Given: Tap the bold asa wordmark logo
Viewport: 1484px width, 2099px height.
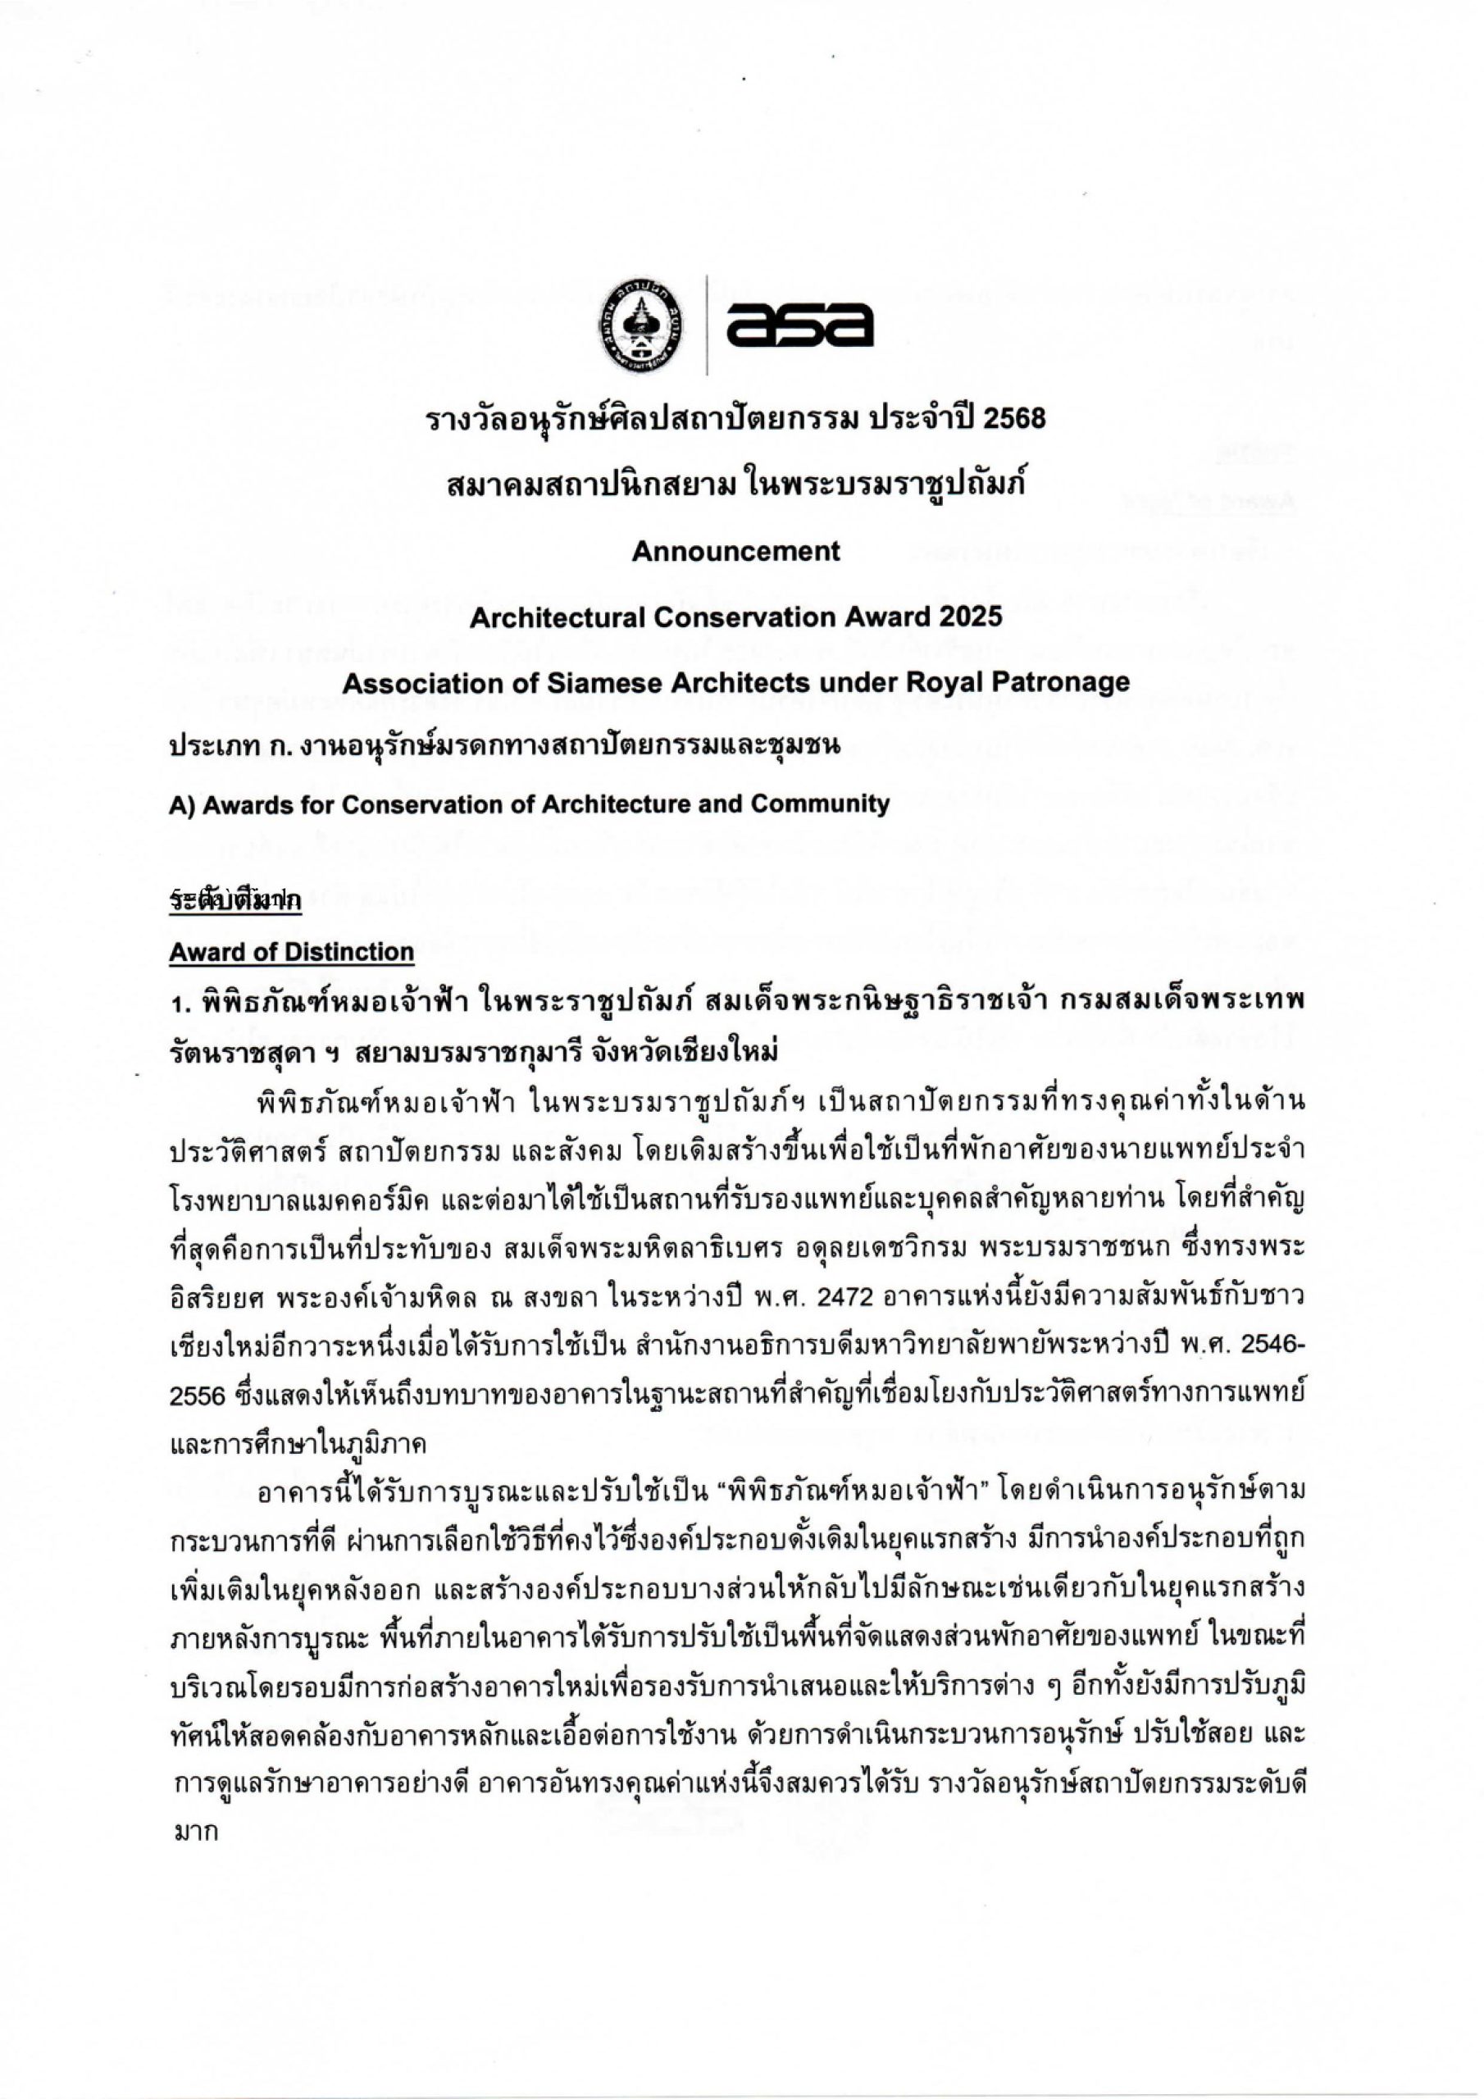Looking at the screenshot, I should tap(799, 325).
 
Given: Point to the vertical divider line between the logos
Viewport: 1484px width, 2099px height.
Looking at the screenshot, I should tap(706, 325).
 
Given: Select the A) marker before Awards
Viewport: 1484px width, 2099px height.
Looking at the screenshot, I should tap(180, 804).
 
